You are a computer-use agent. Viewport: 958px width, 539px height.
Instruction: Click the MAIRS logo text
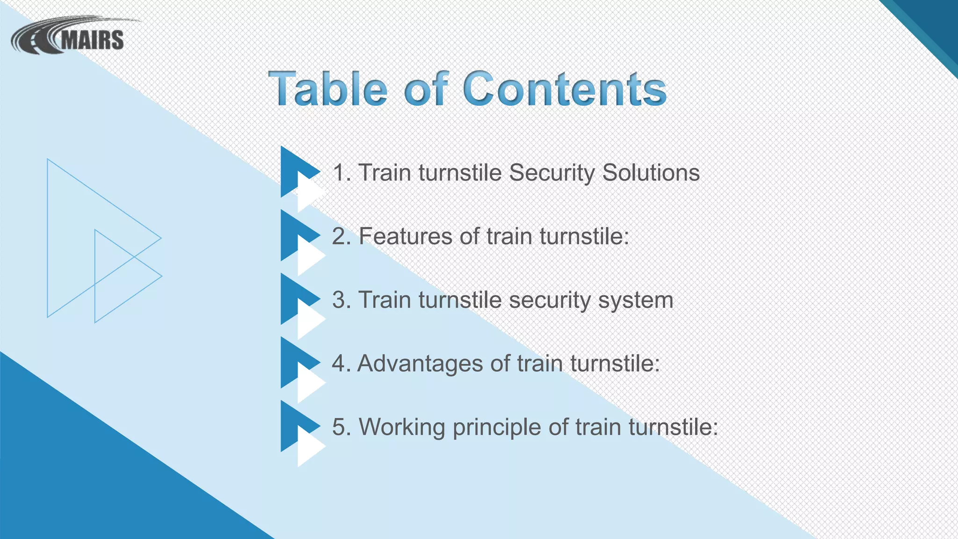(92, 40)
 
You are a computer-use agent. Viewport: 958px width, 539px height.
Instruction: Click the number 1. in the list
(341, 173)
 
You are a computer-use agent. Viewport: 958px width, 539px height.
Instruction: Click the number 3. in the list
(341, 300)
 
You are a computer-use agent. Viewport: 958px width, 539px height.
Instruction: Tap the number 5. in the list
(341, 427)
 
